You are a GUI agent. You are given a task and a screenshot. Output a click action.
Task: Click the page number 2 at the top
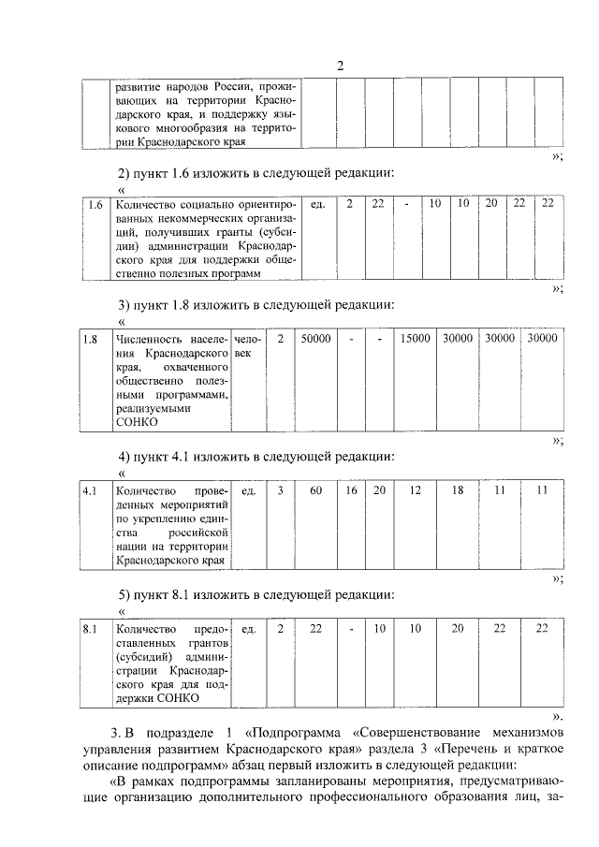pos(341,66)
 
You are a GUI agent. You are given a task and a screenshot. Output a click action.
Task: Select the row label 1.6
pos(95,204)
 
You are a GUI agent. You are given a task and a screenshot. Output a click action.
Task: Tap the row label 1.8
pos(91,339)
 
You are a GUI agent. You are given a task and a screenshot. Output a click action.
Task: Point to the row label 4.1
pos(91,490)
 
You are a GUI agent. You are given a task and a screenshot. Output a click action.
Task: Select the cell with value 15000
pos(416,339)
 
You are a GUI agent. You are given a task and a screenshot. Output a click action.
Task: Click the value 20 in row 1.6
pos(490,204)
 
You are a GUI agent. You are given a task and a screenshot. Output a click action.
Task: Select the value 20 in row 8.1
pos(458,628)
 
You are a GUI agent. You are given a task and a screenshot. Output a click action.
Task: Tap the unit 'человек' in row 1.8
pos(248,346)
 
